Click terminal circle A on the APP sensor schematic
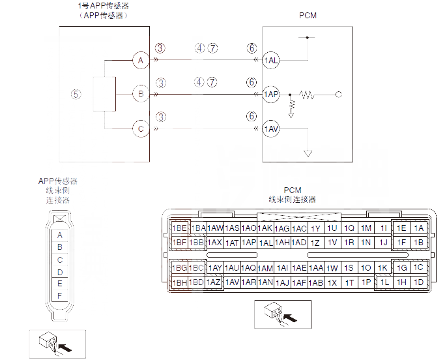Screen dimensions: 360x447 pyautogui.click(x=139, y=61)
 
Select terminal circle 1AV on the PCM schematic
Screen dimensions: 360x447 pyautogui.click(x=271, y=129)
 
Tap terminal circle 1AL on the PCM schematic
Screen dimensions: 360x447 pyautogui.click(x=271, y=61)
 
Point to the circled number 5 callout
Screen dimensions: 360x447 pyautogui.click(x=76, y=94)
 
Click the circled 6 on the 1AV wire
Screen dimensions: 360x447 pyautogui.click(x=252, y=117)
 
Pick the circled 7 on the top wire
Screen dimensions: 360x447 pyautogui.click(x=212, y=48)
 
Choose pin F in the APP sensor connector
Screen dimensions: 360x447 pyautogui.click(x=60, y=296)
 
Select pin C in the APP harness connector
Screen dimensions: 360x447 pyautogui.click(x=60, y=260)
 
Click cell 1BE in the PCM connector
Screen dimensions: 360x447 pyautogui.click(x=180, y=228)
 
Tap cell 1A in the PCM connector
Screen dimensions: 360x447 pyautogui.click(x=418, y=228)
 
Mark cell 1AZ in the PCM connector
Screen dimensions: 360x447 pyautogui.click(x=214, y=282)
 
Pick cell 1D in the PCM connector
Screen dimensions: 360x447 pyautogui.click(x=418, y=282)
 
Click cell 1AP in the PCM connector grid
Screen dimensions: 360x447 pyautogui.click(x=248, y=243)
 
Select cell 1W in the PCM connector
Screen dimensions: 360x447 pyautogui.click(x=332, y=268)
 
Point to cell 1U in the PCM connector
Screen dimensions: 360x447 pyautogui.click(x=332, y=228)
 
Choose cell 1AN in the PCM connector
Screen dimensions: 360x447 pyautogui.click(x=265, y=282)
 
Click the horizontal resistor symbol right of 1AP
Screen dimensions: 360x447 pyautogui.click(x=306, y=95)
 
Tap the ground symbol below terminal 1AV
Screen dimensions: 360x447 pyautogui.click(x=308, y=154)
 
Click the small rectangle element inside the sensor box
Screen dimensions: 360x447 pyautogui.click(x=104, y=95)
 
